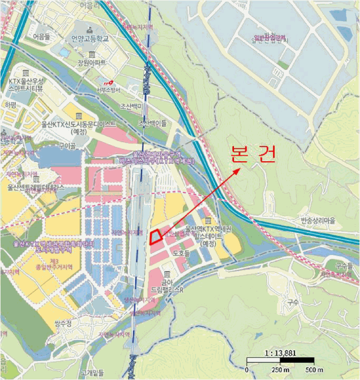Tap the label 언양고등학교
[x=91, y=39]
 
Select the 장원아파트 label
[x=91, y=64]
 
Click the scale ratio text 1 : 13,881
[x=280, y=352]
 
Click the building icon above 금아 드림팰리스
[x=167, y=273]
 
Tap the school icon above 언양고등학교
[x=90, y=27]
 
